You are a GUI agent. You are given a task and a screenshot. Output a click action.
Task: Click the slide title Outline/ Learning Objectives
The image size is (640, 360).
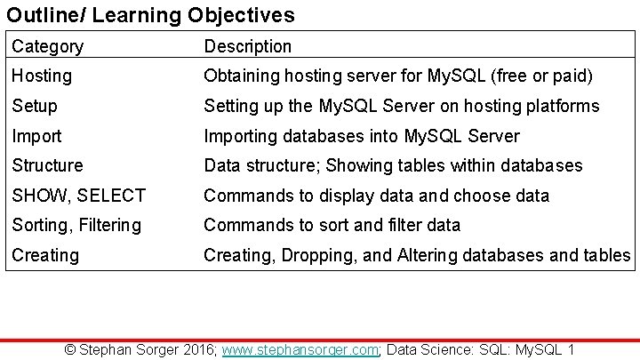(150, 15)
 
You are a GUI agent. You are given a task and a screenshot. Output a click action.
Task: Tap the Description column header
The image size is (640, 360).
(248, 46)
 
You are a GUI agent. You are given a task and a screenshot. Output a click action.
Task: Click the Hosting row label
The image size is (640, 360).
(42, 76)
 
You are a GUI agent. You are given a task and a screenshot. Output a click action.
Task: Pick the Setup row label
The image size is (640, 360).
(35, 106)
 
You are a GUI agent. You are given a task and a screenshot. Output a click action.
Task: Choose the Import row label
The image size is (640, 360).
(36, 136)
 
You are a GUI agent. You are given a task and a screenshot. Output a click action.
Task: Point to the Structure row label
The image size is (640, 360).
(47, 165)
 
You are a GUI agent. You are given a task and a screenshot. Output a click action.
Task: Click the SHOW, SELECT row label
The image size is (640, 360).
(78, 196)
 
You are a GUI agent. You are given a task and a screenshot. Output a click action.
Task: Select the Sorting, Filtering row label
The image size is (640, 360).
(76, 225)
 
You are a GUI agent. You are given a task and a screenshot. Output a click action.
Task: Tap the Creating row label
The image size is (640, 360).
(45, 255)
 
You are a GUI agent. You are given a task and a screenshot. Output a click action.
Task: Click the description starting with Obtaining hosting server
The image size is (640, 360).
(398, 76)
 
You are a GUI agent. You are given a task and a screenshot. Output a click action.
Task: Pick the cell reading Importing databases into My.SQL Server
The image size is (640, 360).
(362, 136)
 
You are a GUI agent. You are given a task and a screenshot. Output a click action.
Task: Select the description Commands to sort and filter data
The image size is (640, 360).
(332, 225)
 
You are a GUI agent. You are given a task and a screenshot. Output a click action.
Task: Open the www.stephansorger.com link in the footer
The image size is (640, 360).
(301, 349)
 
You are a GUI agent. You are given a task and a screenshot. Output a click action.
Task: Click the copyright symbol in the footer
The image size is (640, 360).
(72, 349)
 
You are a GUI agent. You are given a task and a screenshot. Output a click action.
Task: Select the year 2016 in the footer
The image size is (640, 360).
(195, 349)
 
